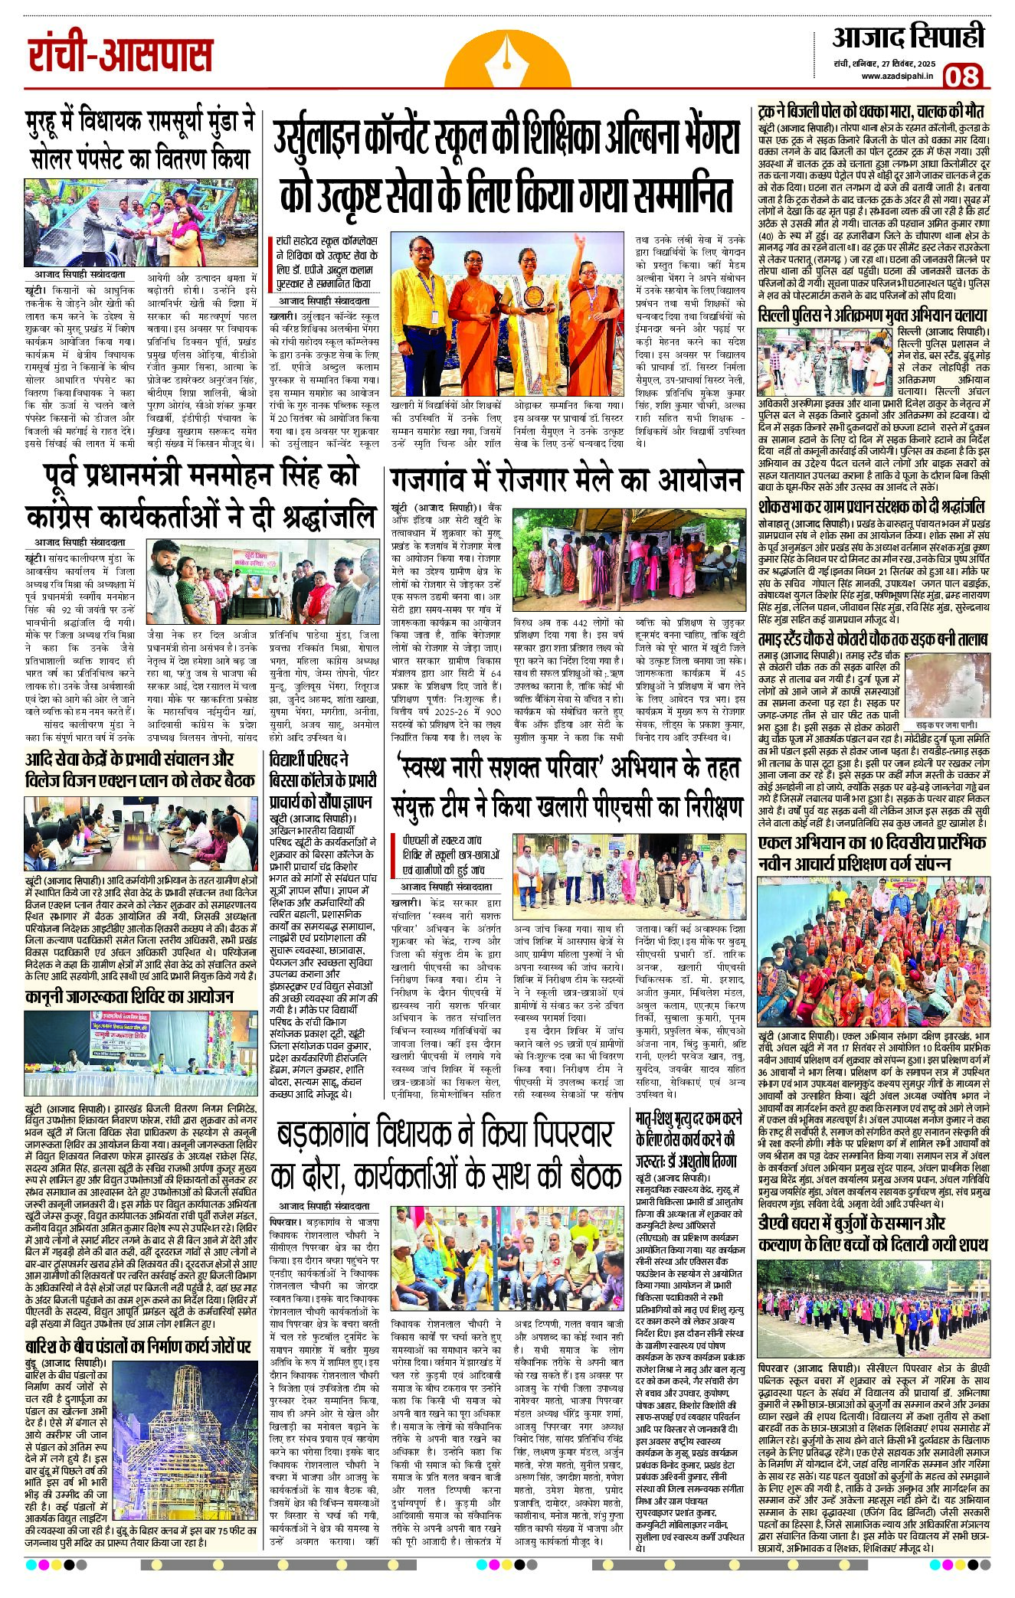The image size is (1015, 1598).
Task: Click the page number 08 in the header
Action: point(962,77)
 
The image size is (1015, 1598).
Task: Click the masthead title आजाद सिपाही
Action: point(909,37)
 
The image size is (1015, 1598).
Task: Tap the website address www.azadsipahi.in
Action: point(896,76)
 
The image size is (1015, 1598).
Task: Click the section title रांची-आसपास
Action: point(120,55)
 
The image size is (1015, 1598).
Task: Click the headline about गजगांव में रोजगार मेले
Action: point(566,480)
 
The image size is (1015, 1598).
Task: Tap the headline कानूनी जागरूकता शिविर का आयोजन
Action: point(129,996)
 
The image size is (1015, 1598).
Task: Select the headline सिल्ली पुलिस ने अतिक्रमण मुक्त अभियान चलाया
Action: point(873,315)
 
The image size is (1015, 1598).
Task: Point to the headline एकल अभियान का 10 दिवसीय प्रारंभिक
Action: point(873,853)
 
